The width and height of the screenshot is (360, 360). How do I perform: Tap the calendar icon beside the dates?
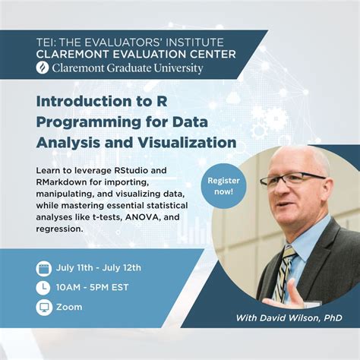[x=44, y=267]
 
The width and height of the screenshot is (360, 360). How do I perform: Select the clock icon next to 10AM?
[x=44, y=287]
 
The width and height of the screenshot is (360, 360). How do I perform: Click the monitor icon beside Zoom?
[x=44, y=308]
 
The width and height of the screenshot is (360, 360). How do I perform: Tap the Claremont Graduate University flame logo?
[x=42, y=68]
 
